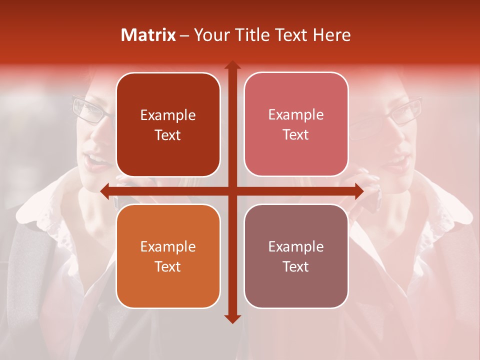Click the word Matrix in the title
click(148, 35)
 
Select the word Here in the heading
click(331, 35)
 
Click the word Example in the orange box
click(168, 246)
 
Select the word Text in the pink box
click(296, 135)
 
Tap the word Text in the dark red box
click(168, 135)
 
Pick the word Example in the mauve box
click(296, 246)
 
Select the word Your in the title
click(209, 35)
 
